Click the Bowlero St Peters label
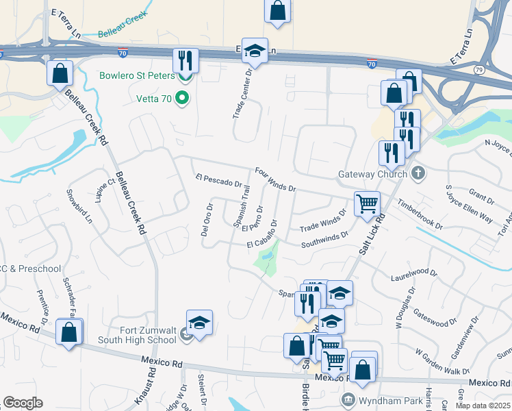coord(137,75)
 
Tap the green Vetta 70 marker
coord(182,99)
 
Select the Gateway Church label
coord(372,174)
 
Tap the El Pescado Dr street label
coord(219,179)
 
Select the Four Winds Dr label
coord(274,179)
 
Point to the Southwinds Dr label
coord(325,238)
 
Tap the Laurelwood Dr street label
coord(413,276)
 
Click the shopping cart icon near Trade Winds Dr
coord(367,203)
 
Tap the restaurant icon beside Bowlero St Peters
coord(185,60)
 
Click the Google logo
coord(23,403)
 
